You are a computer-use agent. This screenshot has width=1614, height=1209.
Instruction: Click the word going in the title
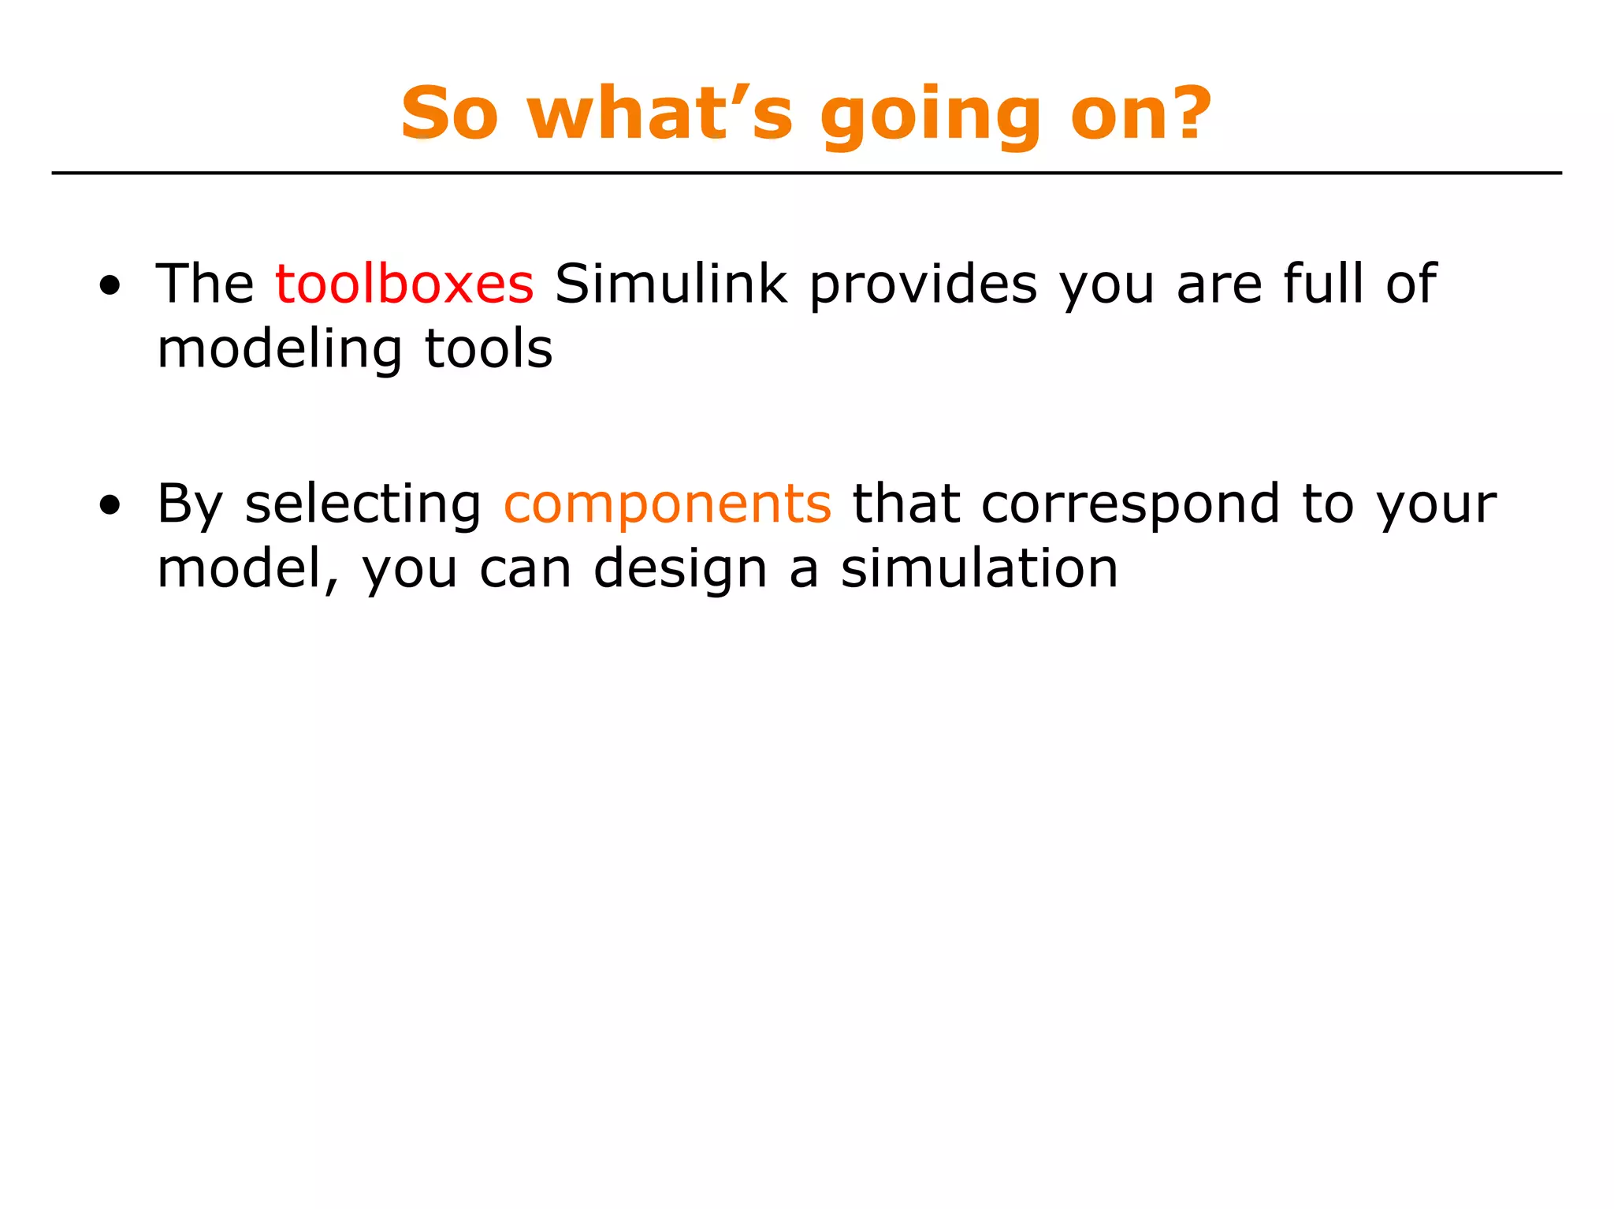point(931,117)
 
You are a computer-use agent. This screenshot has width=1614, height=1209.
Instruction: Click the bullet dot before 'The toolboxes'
point(110,286)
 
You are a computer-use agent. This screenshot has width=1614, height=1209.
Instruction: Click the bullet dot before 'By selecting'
point(110,506)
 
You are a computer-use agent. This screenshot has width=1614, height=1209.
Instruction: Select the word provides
point(923,285)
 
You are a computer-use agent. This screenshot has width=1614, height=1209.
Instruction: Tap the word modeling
point(279,350)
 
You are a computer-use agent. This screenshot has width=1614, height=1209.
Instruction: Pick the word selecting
point(363,505)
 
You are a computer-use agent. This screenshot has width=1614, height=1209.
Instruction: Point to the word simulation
point(979,568)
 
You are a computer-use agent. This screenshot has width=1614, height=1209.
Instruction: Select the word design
point(679,570)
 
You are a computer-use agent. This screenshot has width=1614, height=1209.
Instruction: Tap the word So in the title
point(449,113)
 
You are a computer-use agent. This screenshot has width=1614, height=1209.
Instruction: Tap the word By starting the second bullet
point(190,505)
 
